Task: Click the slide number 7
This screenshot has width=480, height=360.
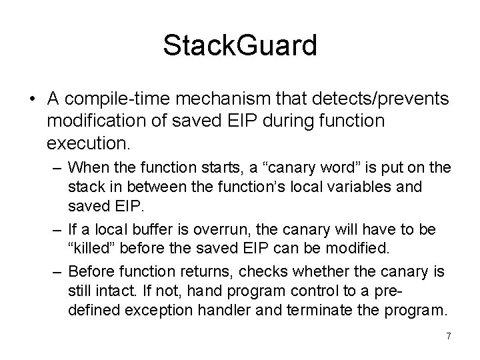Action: point(448,337)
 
